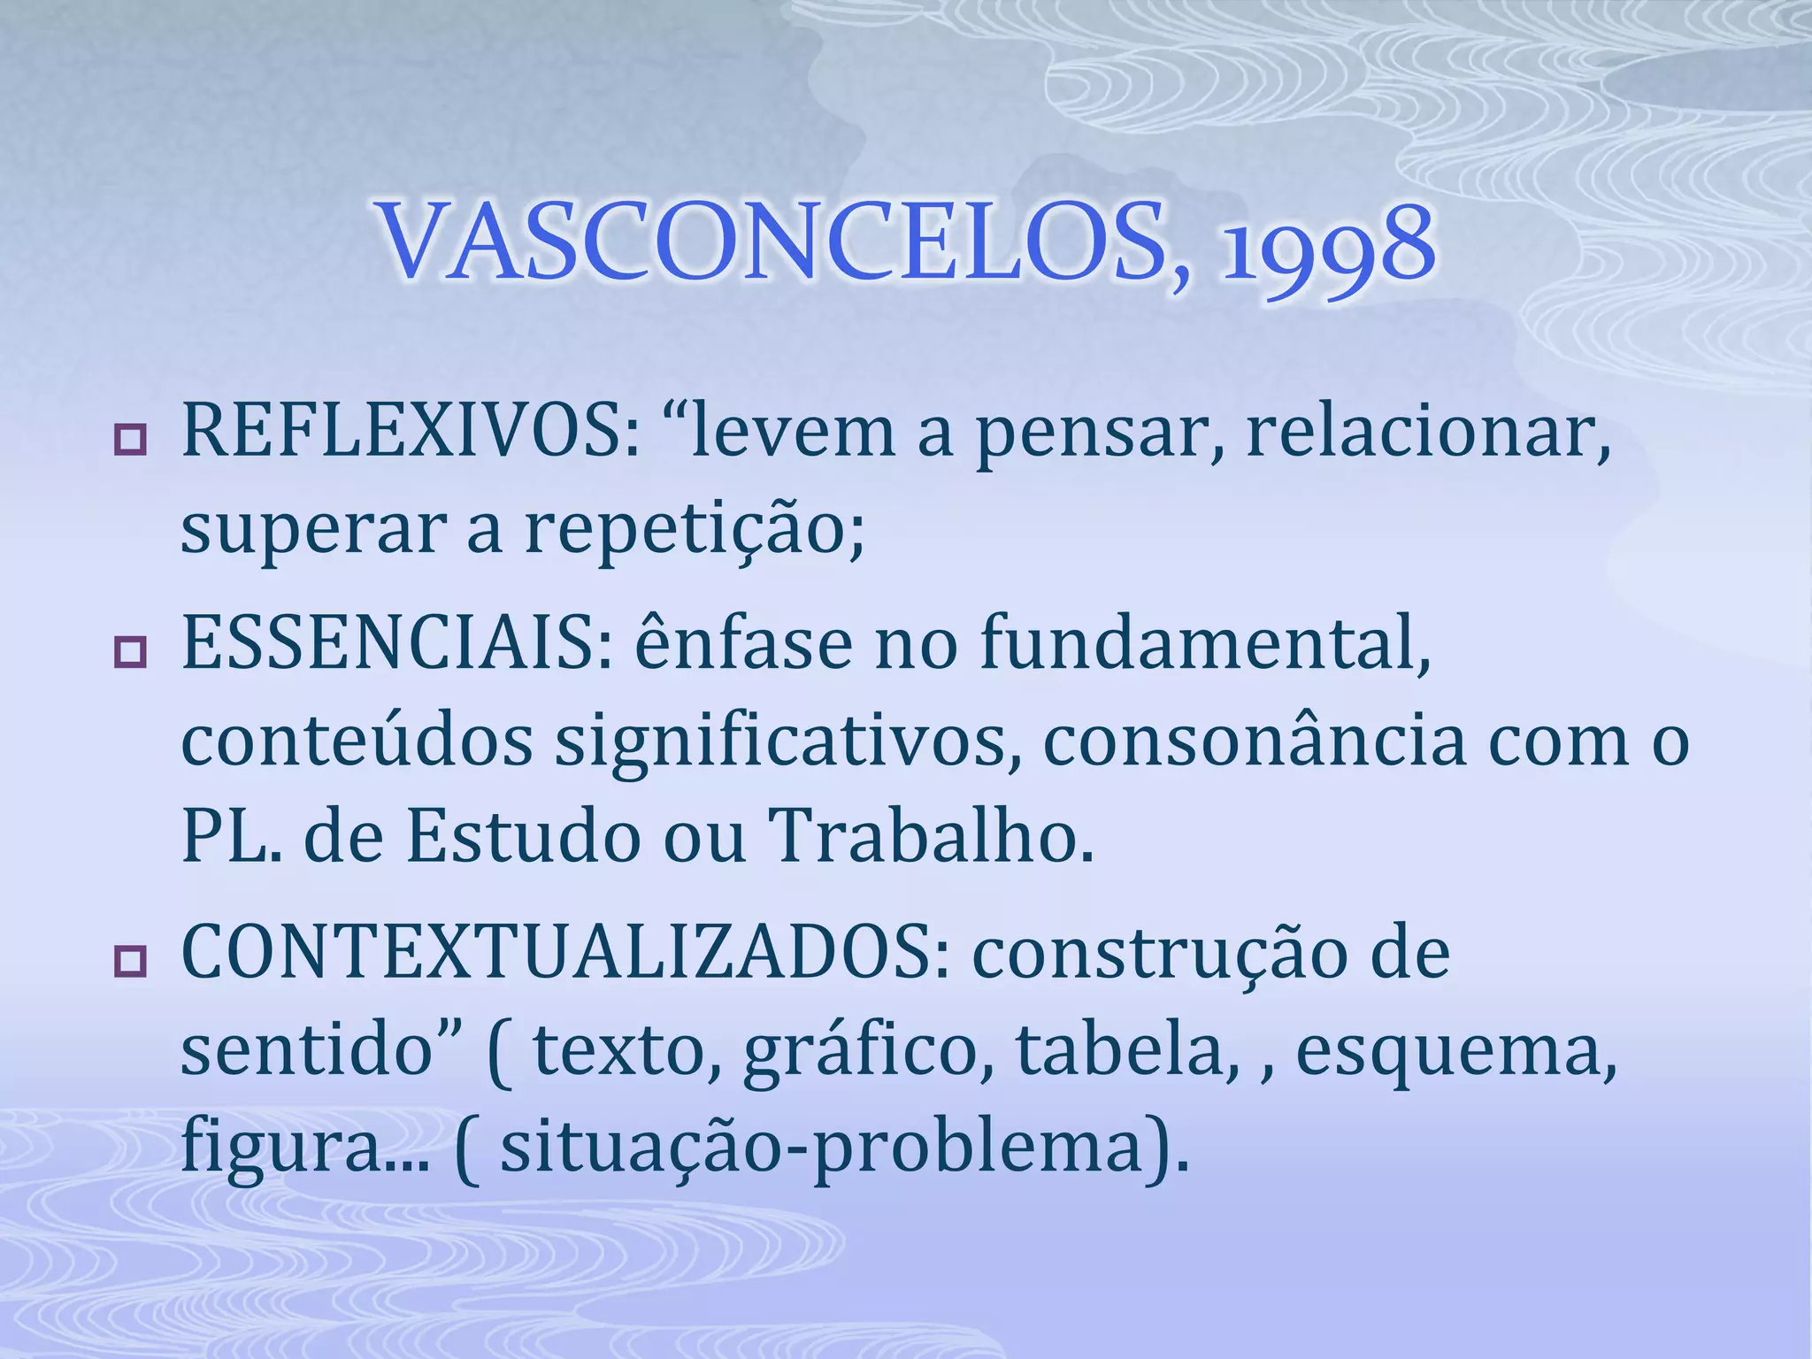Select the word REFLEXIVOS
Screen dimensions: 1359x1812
pyautogui.click(x=402, y=433)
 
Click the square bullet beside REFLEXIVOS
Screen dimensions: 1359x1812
pyautogui.click(x=130, y=440)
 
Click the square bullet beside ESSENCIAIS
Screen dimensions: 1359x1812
pyautogui.click(x=130, y=652)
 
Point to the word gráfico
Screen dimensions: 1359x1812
pyautogui.click(x=858, y=1053)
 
